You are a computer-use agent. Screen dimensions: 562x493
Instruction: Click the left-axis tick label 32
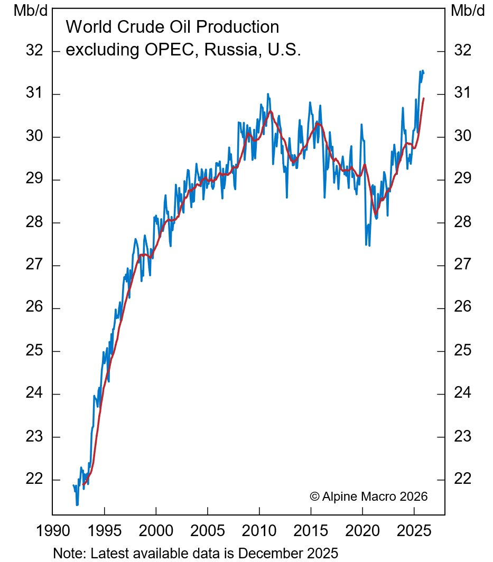[34, 51]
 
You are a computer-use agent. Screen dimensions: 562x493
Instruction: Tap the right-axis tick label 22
[462, 480]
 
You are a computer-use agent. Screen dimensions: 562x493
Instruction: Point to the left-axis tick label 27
[34, 265]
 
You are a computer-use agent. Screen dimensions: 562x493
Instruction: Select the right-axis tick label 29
[462, 180]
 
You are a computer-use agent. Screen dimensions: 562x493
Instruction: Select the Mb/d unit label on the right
[468, 11]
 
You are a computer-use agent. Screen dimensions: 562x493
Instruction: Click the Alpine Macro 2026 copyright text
[368, 497]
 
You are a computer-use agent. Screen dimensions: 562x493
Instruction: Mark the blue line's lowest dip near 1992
[77, 505]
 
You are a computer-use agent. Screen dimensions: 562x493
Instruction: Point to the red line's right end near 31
[424, 98]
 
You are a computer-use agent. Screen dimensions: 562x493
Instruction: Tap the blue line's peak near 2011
[268, 94]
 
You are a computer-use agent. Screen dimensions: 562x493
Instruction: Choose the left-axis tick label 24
[34, 394]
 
